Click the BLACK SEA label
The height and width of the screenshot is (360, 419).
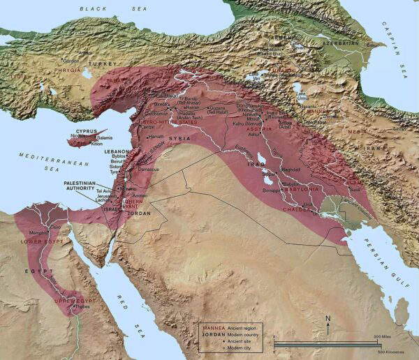tap(97, 8)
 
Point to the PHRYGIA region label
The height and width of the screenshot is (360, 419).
tap(61, 70)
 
